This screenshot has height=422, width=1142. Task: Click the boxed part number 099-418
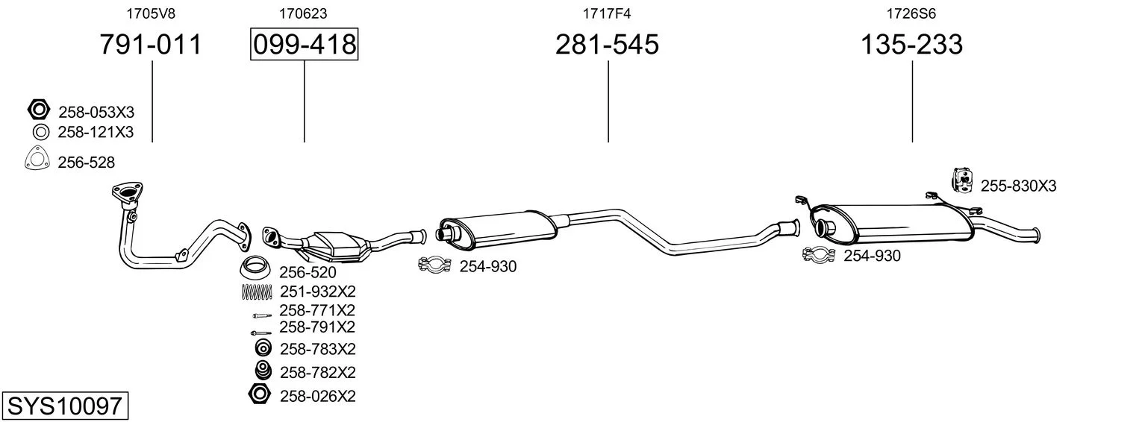click(x=304, y=44)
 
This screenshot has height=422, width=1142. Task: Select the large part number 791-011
click(x=151, y=44)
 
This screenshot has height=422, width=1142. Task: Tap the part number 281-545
click(x=607, y=44)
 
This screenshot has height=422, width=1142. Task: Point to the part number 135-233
click(x=911, y=44)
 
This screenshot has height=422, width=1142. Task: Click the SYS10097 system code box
click(x=65, y=406)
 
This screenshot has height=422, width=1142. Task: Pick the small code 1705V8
click(x=151, y=13)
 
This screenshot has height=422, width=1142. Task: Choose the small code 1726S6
click(x=911, y=13)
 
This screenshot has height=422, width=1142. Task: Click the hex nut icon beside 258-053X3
click(x=38, y=110)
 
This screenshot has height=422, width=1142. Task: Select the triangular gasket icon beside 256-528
click(x=37, y=158)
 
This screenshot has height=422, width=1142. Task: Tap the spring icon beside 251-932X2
click(x=257, y=292)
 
